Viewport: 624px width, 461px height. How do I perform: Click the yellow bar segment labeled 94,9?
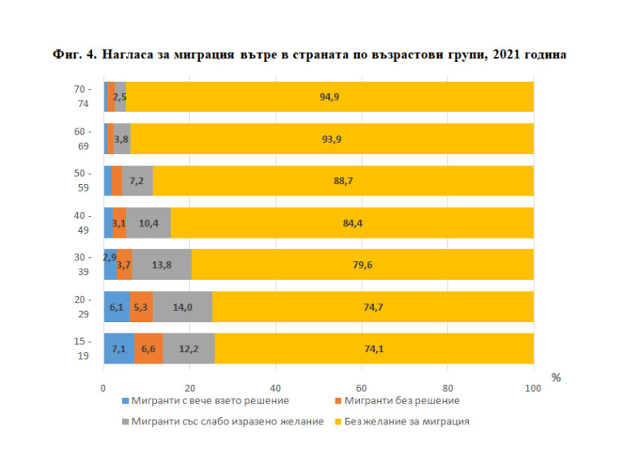coord(329,97)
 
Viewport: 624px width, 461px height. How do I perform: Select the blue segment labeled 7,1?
coord(119,348)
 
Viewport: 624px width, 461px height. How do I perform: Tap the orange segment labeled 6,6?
coord(149,348)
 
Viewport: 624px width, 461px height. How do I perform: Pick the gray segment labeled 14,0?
coord(182,306)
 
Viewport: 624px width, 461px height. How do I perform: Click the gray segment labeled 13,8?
coord(162,265)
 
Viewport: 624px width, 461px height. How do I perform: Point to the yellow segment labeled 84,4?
coord(352,222)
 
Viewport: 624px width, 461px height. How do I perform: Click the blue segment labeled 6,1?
coord(116,306)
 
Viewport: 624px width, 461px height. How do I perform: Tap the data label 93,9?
coord(331,139)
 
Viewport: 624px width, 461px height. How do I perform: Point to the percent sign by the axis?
coord(557,377)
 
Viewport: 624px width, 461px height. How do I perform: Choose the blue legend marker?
coord(124,401)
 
